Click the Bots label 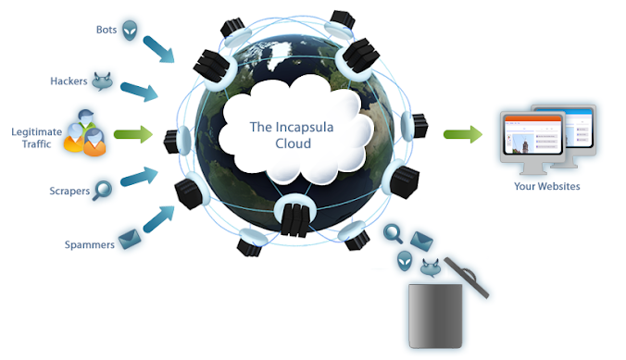(x=107, y=29)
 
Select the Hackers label (x=68, y=81)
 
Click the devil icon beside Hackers (x=102, y=81)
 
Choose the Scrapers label (x=69, y=192)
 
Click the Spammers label (x=89, y=244)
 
